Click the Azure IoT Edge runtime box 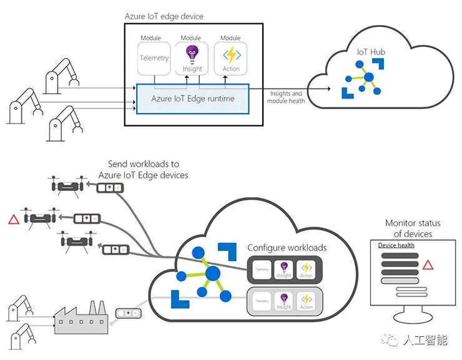click(192, 99)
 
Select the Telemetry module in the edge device click(154, 58)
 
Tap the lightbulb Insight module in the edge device click(192, 58)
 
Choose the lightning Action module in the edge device click(230, 58)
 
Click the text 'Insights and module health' click(287, 97)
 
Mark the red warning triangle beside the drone click(12, 218)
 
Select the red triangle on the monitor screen click(428, 265)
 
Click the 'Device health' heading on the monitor click(396, 245)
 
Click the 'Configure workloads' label click(287, 248)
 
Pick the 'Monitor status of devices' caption click(413, 228)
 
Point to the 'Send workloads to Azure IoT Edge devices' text click(143, 170)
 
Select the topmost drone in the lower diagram click(67, 185)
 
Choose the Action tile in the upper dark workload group click(307, 270)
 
